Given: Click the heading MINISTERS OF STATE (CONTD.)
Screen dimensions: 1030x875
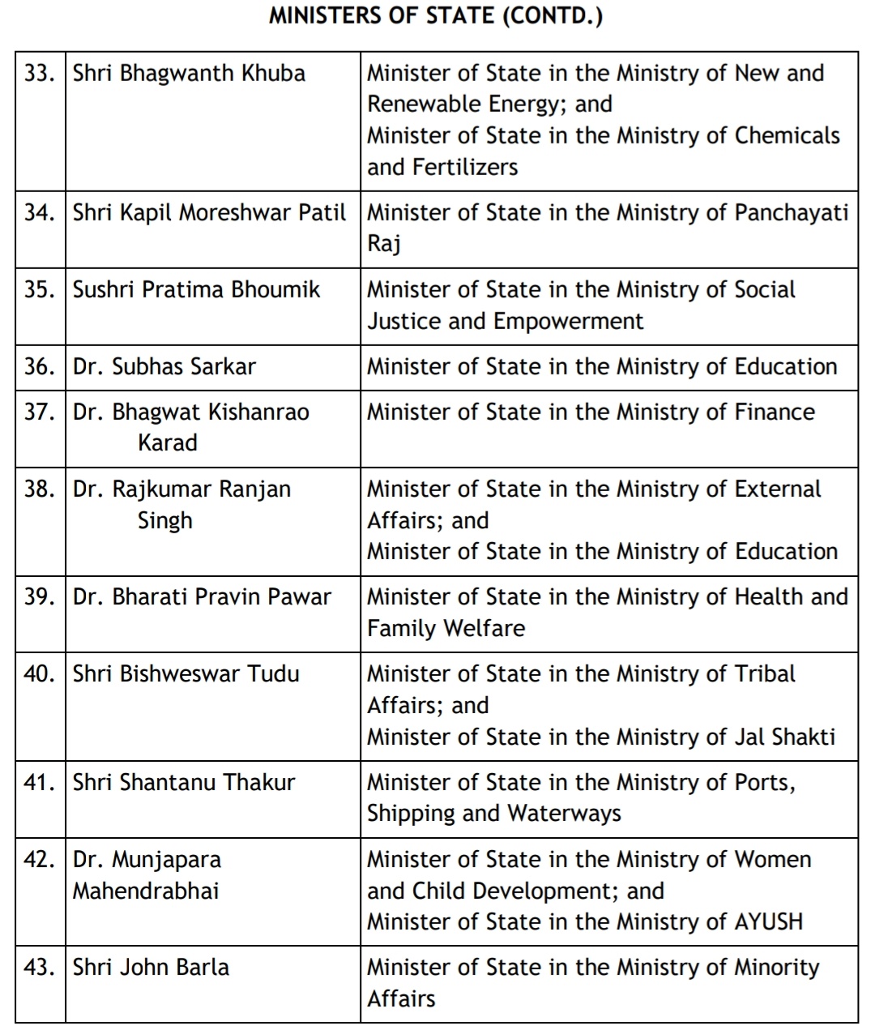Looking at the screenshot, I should [x=436, y=16].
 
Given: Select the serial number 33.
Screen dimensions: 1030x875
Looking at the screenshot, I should [x=40, y=74].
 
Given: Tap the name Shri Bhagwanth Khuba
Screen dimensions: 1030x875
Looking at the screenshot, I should [x=189, y=74].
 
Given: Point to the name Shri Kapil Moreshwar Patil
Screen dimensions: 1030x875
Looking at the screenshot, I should [x=209, y=213].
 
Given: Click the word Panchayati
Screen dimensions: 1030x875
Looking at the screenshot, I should [x=791, y=213].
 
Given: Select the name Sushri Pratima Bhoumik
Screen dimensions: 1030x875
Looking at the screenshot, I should [x=196, y=290].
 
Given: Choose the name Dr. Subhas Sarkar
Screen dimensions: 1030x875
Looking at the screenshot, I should [x=164, y=367].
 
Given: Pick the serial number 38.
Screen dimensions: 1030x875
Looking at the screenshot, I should [x=40, y=489].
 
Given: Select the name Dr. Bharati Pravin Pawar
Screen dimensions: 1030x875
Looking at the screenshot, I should [x=202, y=597].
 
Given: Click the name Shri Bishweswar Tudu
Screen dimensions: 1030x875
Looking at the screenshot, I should [x=186, y=674].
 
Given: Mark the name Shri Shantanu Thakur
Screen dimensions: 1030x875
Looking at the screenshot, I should [x=184, y=783].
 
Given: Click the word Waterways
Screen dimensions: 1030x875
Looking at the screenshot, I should [x=574, y=814].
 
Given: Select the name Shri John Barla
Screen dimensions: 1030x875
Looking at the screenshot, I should [x=151, y=968].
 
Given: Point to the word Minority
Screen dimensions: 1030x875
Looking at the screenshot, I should [x=776, y=968].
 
